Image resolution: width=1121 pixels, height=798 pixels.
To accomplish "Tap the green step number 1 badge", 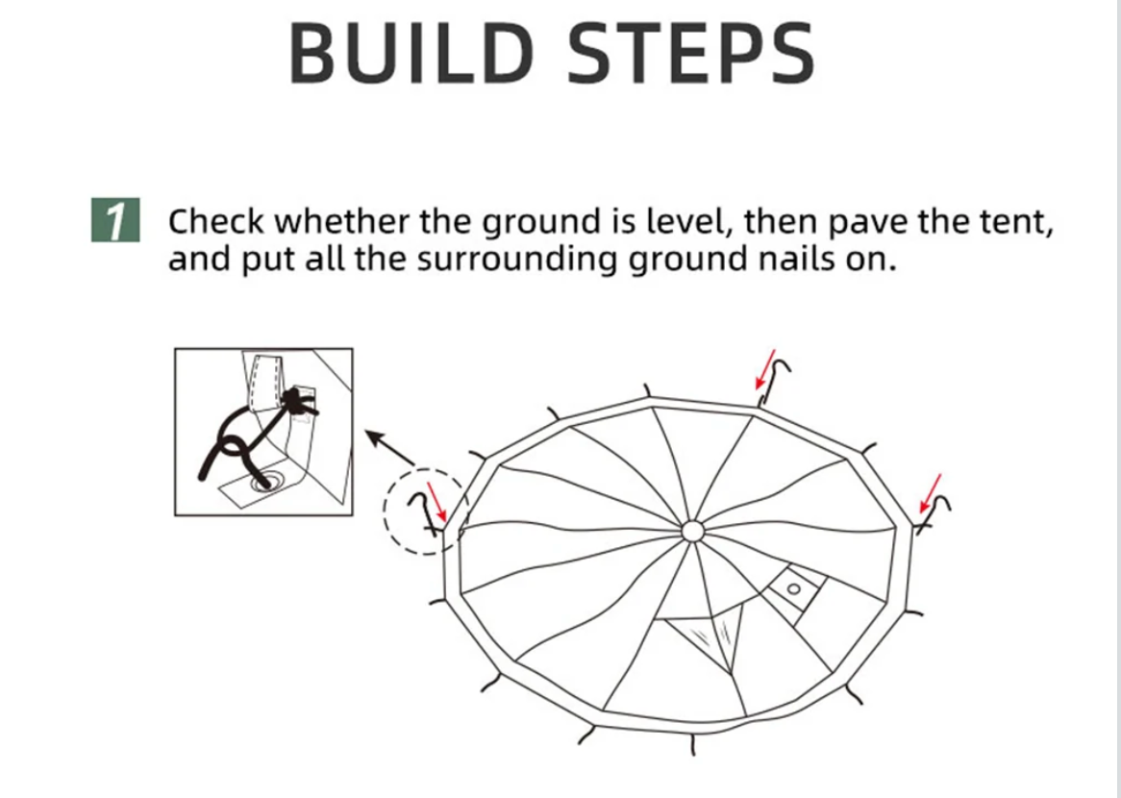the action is pyautogui.click(x=115, y=219).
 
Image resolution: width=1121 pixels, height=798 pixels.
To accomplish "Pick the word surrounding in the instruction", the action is pyautogui.click(x=516, y=259).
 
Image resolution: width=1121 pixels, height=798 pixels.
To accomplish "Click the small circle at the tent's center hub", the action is pyautogui.click(x=692, y=532).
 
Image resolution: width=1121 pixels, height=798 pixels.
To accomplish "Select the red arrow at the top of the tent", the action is pyautogui.click(x=765, y=370).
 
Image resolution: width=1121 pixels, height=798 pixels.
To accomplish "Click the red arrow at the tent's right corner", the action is pyautogui.click(x=930, y=493).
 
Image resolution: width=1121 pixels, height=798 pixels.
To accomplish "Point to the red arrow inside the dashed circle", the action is pyautogui.click(x=436, y=502).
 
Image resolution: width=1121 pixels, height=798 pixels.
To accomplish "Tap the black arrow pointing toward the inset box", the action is pyautogui.click(x=390, y=448).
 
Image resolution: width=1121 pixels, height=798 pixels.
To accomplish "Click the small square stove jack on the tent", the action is pyautogui.click(x=793, y=590).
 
